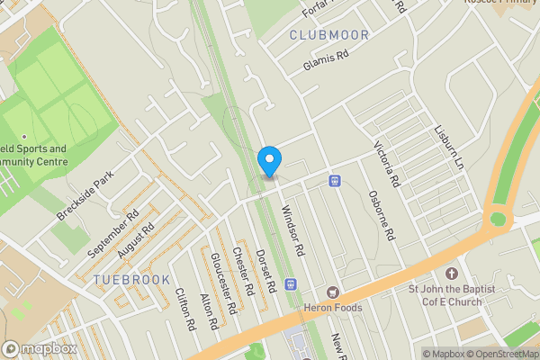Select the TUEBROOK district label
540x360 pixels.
pyautogui.click(x=131, y=280)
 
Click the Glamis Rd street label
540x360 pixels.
pyautogui.click(x=326, y=60)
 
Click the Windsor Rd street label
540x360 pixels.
pyautogui.click(x=294, y=229)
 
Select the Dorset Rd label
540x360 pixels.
pyautogui.click(x=265, y=271)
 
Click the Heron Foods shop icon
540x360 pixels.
pyautogui.click(x=333, y=292)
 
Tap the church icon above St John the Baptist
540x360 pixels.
pyautogui.click(x=452, y=273)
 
